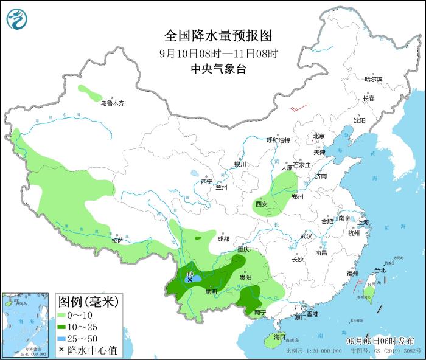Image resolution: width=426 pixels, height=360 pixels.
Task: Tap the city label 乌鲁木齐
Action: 113,103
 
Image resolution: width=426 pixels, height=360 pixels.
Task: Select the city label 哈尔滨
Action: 373,80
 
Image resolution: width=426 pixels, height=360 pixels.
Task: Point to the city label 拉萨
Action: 117,240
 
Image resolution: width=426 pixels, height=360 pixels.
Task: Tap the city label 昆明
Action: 211,291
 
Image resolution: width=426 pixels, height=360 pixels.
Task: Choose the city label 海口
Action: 279,336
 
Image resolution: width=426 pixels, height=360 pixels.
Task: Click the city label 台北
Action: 379,270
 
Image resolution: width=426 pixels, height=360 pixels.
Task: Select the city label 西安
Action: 262,204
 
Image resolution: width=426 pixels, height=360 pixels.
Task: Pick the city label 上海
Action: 364,222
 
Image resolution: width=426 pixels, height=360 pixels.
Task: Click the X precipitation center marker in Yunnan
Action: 190,280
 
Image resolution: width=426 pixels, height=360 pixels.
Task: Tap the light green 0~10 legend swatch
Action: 61,315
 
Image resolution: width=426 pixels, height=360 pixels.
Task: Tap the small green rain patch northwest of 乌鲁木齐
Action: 90,93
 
